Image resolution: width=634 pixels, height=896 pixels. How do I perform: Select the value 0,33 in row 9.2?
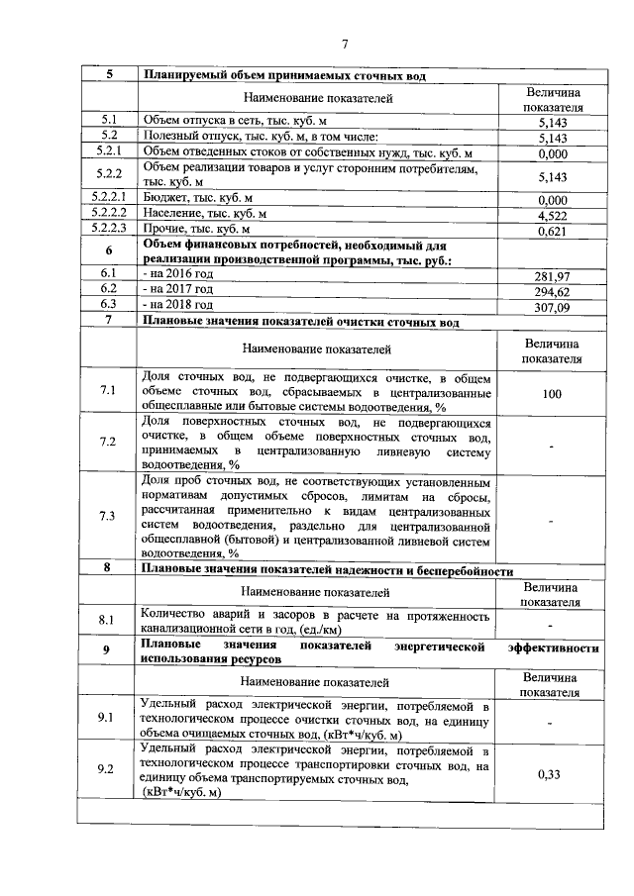tap(551, 775)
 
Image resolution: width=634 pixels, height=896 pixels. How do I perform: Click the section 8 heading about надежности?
tap(328, 571)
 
